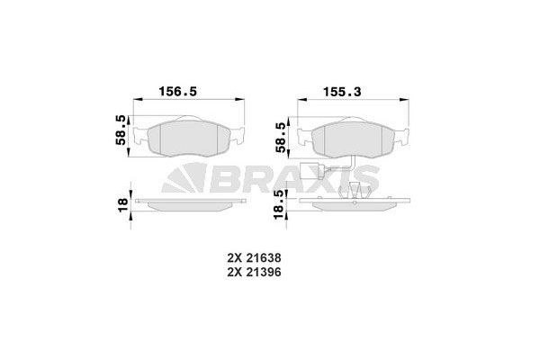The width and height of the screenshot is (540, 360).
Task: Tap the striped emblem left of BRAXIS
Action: click(179, 180)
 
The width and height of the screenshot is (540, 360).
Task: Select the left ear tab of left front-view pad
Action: click(139, 139)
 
